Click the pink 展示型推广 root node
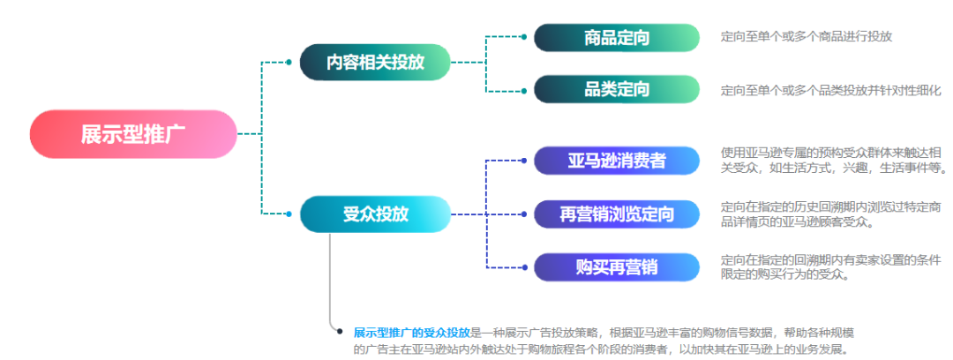click(132, 134)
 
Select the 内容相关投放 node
click(375, 62)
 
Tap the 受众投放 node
click(375, 214)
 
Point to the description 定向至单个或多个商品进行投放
click(806, 37)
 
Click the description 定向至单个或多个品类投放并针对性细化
click(830, 90)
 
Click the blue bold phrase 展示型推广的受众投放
click(411, 333)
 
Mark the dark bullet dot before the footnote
click(340, 332)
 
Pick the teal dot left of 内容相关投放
click(289, 62)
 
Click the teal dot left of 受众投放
click(289, 214)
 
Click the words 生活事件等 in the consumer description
click(914, 168)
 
